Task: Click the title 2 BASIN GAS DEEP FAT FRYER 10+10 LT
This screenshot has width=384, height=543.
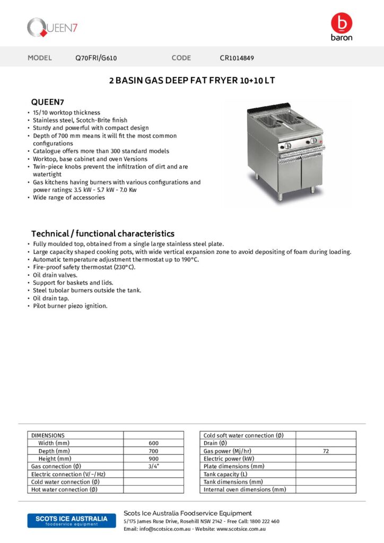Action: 192,81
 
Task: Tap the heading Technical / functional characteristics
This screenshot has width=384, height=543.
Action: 103,233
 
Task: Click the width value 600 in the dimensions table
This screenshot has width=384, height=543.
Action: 154,443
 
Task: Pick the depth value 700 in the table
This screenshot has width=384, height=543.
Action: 154,451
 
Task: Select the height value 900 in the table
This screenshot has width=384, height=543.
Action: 154,459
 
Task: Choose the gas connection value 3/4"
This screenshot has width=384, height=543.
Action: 154,466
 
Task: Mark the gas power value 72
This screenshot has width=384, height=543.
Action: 326,451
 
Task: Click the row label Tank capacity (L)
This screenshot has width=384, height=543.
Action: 225,474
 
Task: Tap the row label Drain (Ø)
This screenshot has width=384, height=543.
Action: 215,443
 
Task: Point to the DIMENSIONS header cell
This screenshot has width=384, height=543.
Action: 48,435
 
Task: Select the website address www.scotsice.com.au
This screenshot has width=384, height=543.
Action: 241,529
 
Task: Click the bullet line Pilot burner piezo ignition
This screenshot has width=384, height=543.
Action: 70,306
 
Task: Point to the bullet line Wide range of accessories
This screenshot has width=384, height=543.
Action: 69,198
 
